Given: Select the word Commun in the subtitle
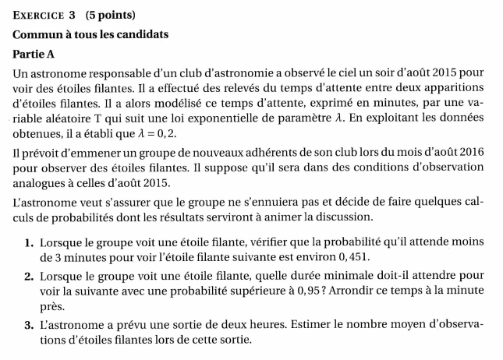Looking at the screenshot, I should [37, 34].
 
